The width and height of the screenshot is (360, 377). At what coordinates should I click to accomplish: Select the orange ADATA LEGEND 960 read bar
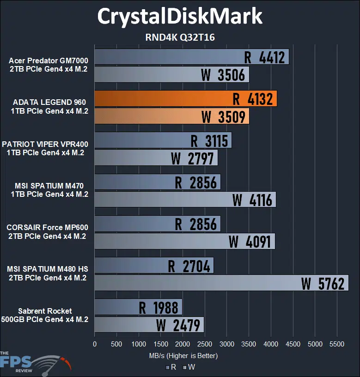185,99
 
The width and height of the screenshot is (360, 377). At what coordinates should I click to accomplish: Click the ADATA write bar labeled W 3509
171,116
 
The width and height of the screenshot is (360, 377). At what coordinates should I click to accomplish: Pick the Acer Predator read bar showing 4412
191,57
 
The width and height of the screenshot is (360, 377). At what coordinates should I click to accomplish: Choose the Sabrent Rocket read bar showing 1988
138,307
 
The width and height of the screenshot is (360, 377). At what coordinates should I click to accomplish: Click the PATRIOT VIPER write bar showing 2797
156,158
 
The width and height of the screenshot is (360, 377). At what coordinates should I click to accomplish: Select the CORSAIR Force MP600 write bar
184,241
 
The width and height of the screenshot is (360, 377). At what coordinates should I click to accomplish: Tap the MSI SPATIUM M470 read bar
157,182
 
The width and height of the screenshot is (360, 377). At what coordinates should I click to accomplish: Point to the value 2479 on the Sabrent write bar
186,325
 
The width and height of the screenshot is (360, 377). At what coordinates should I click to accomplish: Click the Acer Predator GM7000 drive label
48,65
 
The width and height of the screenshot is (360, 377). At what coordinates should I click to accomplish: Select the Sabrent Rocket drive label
45,315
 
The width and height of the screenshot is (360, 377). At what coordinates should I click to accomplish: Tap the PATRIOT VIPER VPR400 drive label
45,148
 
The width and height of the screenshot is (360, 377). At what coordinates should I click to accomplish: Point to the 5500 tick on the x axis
337,344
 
